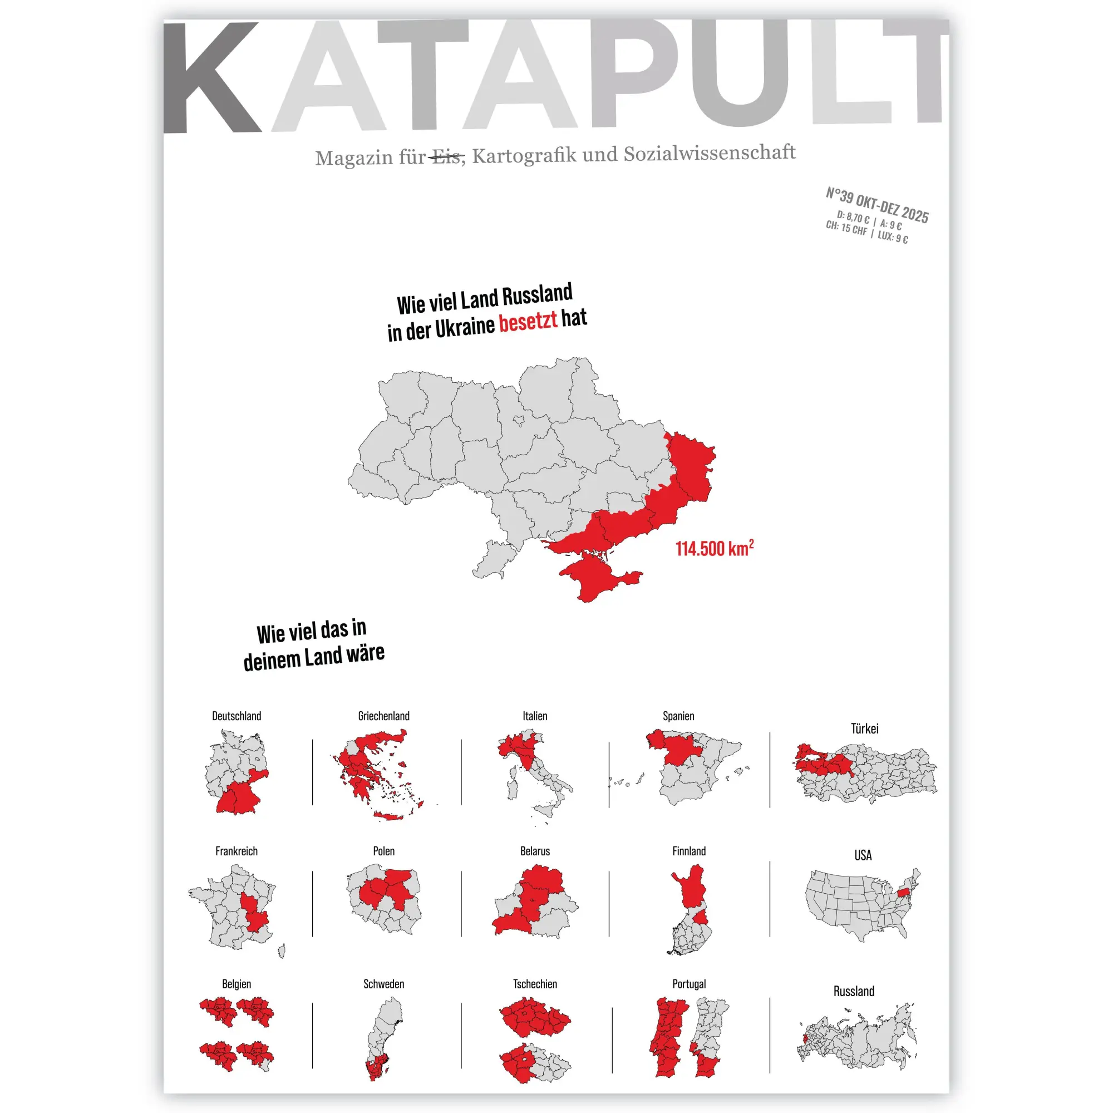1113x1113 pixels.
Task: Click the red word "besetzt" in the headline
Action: click(x=528, y=322)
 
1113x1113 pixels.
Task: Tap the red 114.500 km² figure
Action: click(x=714, y=548)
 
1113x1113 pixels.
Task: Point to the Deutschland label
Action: click(x=236, y=716)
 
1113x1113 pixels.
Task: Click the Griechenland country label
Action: click(x=383, y=716)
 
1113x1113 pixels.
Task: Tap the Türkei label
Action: click(x=864, y=729)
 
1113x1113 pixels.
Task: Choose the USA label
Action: click(x=863, y=855)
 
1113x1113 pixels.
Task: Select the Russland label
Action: click(x=853, y=991)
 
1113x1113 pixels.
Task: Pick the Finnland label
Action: click(x=688, y=851)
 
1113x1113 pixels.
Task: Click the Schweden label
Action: click(x=383, y=984)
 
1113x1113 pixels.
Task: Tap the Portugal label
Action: click(x=688, y=984)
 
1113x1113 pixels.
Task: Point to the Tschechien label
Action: click(x=535, y=984)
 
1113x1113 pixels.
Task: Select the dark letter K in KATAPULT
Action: click(x=210, y=78)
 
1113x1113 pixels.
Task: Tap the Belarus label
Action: click(x=535, y=851)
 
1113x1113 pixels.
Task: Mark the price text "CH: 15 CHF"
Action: click(x=846, y=228)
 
